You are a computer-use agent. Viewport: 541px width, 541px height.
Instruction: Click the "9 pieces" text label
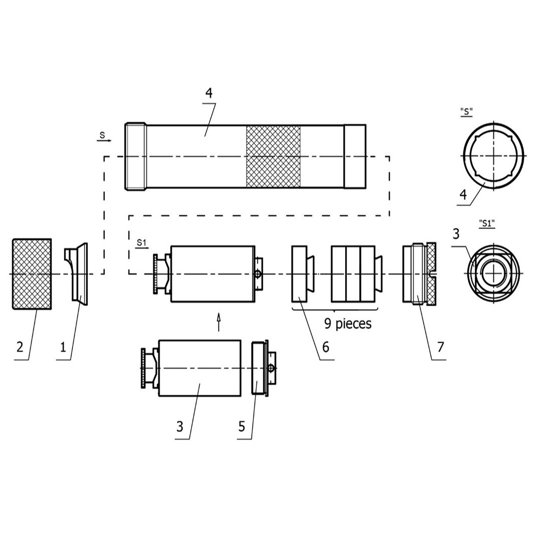point(348,324)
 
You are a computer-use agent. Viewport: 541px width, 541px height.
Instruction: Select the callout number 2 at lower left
point(20,347)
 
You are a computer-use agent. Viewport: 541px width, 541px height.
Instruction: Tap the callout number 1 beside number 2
point(63,347)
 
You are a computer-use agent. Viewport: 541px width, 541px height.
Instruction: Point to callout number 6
point(326,347)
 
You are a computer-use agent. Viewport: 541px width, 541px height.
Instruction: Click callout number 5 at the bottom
point(241,426)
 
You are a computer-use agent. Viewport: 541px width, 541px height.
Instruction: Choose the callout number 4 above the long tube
point(209,93)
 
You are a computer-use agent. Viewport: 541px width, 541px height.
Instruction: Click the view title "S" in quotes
point(466,111)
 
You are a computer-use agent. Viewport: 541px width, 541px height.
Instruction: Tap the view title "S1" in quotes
point(486,223)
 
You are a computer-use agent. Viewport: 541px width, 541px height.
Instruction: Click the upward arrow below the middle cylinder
point(218,322)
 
